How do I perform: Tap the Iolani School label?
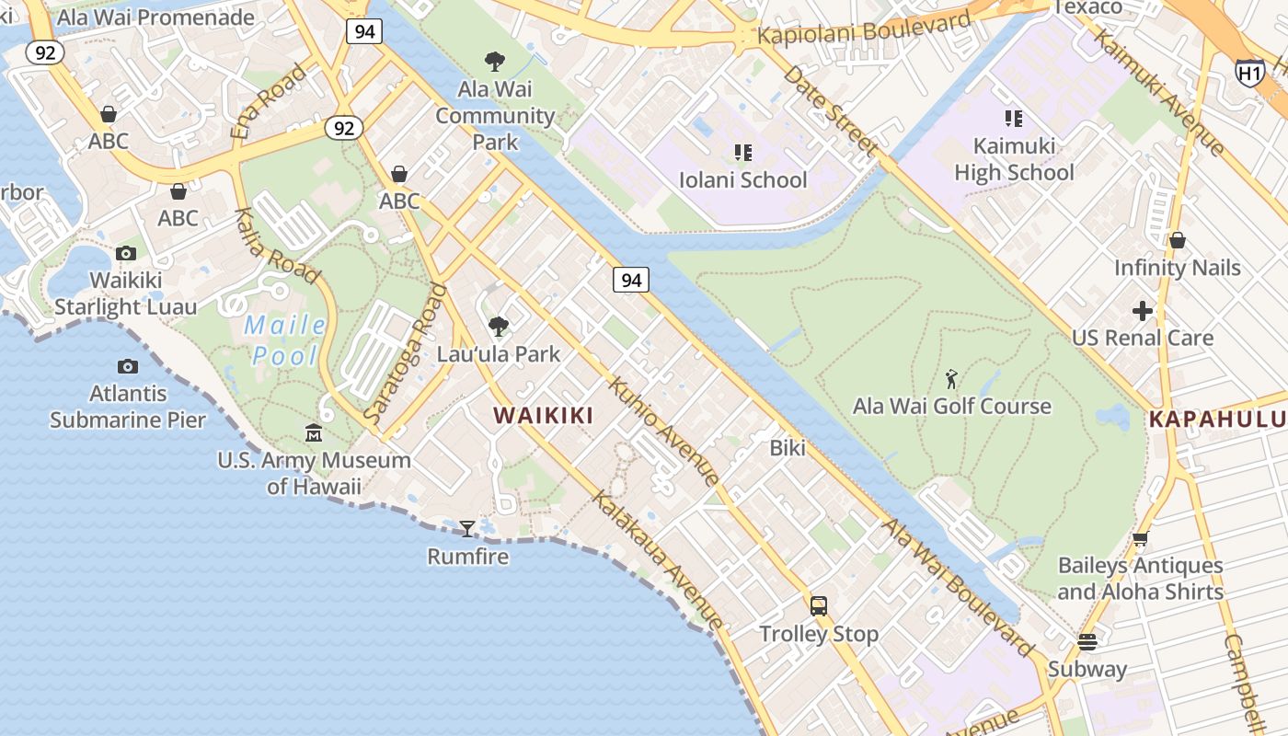[x=742, y=179]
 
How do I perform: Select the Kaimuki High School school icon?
[x=1013, y=119]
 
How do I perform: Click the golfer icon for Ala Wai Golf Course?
[x=951, y=378]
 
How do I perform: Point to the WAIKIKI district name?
[x=543, y=416]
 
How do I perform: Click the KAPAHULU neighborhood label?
[x=1217, y=420]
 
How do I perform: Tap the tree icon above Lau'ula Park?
[x=499, y=326]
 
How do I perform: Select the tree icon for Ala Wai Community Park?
[x=495, y=62]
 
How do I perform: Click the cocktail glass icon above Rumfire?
[x=467, y=528]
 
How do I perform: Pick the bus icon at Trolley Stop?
[x=818, y=605]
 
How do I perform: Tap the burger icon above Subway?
[x=1087, y=641]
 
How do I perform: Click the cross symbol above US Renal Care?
[x=1142, y=311]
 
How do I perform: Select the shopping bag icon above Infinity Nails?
[x=1177, y=241]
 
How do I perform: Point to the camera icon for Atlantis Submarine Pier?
[x=128, y=366]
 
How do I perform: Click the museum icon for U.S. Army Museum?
[x=314, y=432]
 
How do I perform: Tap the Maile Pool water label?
[x=285, y=340]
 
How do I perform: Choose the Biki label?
[x=788, y=448]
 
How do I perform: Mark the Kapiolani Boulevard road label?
[x=864, y=29]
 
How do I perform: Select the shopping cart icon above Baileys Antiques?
[x=1140, y=538]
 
